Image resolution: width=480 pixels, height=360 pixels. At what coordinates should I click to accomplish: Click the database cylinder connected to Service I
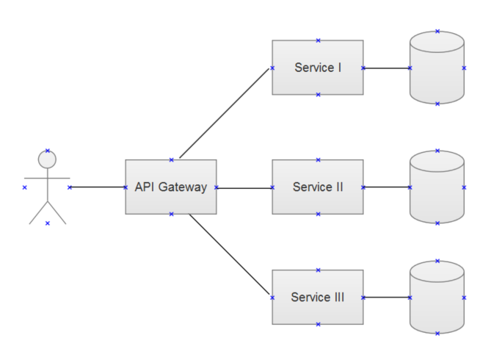(437, 73)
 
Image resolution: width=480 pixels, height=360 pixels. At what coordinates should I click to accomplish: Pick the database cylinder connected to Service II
(437, 192)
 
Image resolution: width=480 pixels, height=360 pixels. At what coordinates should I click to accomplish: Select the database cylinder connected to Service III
(437, 303)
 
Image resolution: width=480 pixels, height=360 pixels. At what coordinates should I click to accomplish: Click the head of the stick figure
(47, 159)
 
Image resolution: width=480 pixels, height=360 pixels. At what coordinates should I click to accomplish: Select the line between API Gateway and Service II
(244, 187)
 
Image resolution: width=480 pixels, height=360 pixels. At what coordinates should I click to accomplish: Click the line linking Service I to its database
(386, 68)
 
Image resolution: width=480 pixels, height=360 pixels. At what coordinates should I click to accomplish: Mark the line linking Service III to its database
(386, 298)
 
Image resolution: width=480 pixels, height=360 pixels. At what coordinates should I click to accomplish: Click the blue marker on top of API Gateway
(171, 159)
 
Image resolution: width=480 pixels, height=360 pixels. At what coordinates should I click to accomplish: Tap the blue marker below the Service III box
(318, 324)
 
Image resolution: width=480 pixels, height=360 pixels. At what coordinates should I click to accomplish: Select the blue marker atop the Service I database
(437, 32)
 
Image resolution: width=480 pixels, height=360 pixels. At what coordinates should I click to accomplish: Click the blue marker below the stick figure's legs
(47, 223)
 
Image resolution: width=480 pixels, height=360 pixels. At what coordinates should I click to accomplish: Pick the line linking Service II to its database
(386, 187)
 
